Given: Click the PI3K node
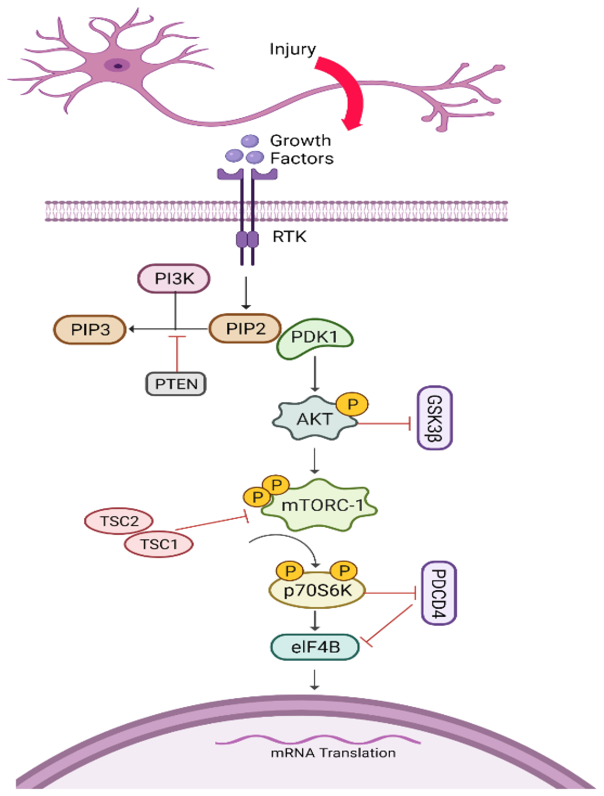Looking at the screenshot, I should pos(174,278).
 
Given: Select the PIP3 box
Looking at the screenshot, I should pos(90,330).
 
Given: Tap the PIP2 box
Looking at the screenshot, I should pos(245,328).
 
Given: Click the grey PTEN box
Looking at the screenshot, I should pos(176,384).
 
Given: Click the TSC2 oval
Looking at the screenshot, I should pos(119,521).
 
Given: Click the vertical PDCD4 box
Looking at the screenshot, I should pos(439,593).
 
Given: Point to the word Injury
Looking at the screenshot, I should pos(293,49).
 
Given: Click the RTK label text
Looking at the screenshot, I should pos(289,237).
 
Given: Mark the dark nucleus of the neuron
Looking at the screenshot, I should pos(118,66).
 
